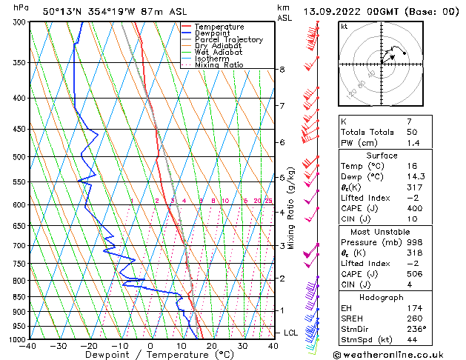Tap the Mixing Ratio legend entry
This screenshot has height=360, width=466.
pyautogui.click(x=220, y=65)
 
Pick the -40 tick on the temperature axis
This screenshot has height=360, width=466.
pyautogui.click(x=28, y=346)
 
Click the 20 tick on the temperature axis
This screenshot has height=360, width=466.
pyautogui.click(x=211, y=346)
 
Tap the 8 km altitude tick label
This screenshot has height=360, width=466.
pyautogui.click(x=282, y=70)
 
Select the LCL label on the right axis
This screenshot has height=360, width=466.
pyautogui.click(x=290, y=333)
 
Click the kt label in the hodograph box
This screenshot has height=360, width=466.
pyautogui.click(x=344, y=26)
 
